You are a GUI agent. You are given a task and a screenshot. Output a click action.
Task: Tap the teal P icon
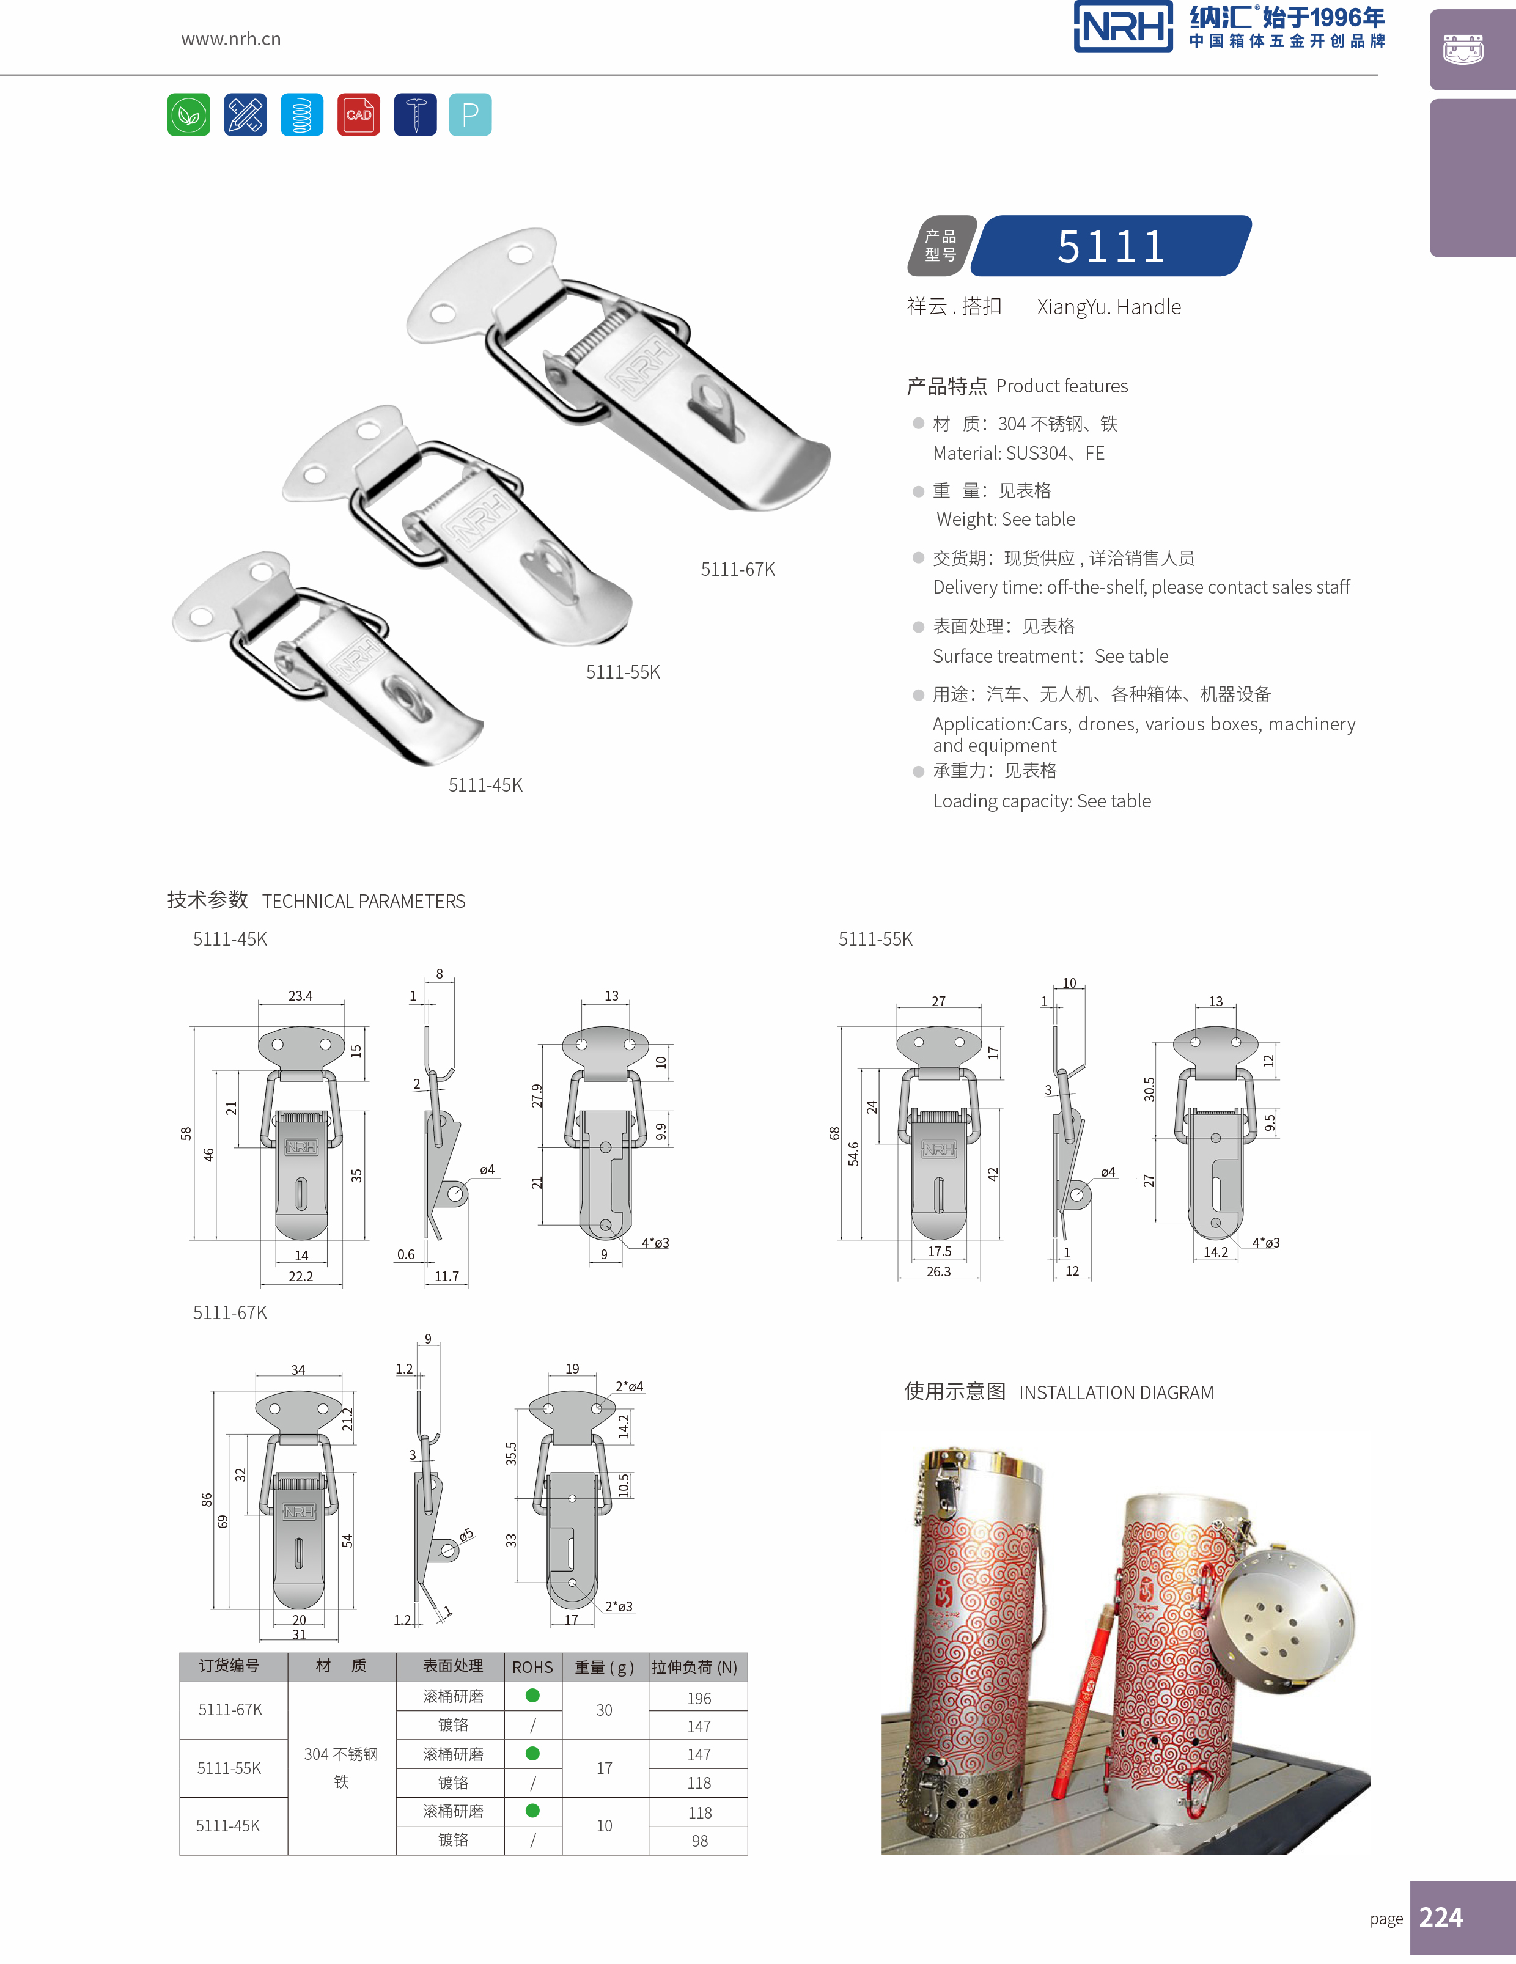pos(470,114)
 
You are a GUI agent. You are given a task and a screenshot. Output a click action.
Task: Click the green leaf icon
pos(189,114)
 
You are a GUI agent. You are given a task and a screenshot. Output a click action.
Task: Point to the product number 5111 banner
pos(1111,246)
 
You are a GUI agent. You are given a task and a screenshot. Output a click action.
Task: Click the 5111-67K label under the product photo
pos(737,569)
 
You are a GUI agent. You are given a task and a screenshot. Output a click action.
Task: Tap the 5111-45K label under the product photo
pos(485,785)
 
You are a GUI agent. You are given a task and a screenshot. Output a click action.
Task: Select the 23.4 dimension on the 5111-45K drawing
pos(300,996)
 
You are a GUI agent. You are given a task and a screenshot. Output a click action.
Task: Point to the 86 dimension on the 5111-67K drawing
pos(207,1500)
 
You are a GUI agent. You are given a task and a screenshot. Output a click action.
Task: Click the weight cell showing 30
pos(604,1710)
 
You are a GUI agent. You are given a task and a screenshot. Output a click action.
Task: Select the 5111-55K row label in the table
pos(229,1768)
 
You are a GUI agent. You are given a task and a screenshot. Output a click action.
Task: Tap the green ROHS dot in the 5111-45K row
pos(532,1810)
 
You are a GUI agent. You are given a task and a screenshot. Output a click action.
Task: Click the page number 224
pos(1440,1917)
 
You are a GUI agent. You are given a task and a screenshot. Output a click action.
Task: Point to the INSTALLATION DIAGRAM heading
pos(1116,1392)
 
